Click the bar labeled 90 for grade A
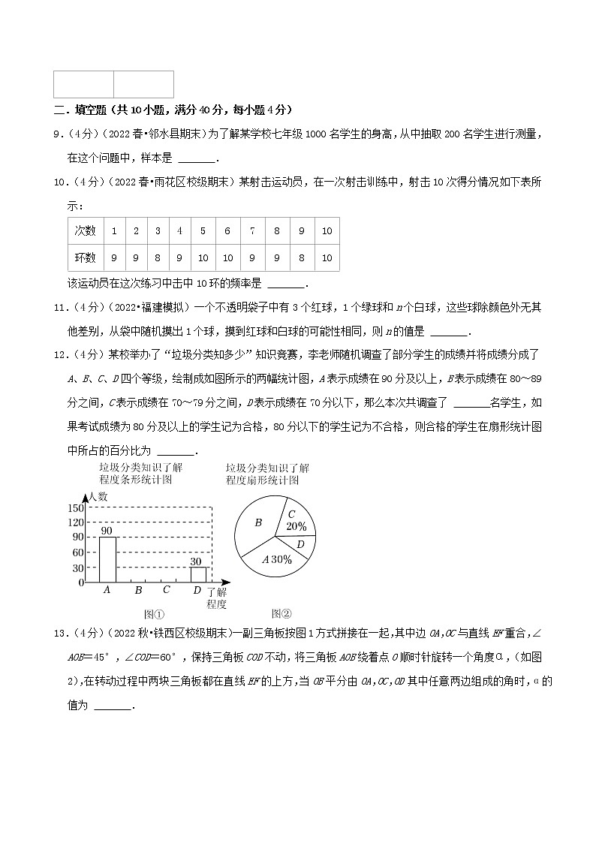pos(107,559)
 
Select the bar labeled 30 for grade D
pos(197,574)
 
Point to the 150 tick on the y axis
pos(76,508)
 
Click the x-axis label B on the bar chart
pos(138,590)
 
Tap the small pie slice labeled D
pos(300,544)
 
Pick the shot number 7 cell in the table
pos(252,231)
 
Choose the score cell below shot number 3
pos(158,257)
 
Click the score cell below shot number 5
pos(203,257)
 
